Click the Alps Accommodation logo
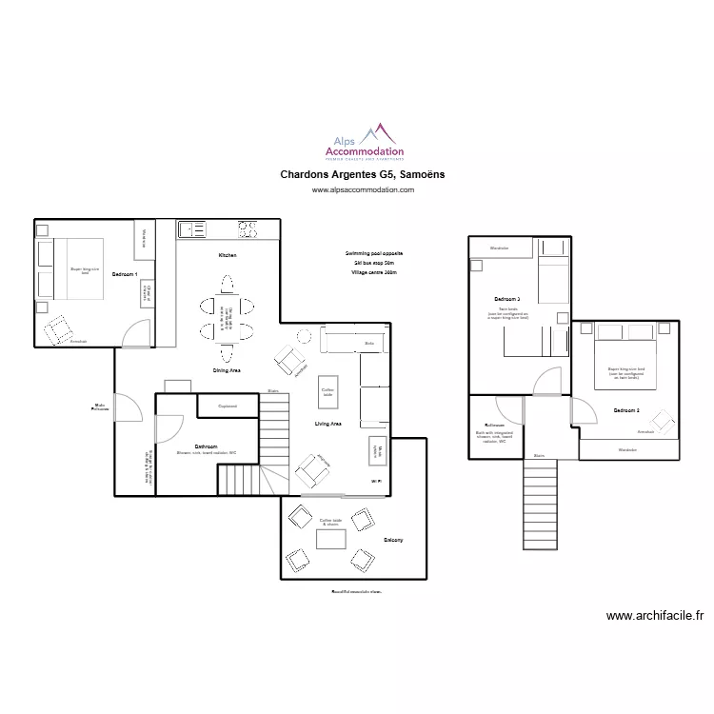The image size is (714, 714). click(364, 143)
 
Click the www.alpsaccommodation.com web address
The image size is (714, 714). click(364, 190)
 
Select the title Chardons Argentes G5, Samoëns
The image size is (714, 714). click(363, 175)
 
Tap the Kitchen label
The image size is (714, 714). click(227, 256)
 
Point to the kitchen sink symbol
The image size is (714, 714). click(191, 228)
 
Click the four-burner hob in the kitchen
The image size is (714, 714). click(248, 228)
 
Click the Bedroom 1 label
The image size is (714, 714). click(125, 274)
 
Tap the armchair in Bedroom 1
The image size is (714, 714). click(59, 328)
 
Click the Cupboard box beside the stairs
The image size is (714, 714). click(228, 406)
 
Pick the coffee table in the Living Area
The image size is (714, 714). click(327, 391)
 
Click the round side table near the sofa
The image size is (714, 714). click(305, 335)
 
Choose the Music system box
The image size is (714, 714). click(376, 450)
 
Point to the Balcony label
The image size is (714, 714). click(393, 541)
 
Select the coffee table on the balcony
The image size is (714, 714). click(331, 538)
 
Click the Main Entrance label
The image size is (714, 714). click(100, 407)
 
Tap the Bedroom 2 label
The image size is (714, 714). click(625, 410)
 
